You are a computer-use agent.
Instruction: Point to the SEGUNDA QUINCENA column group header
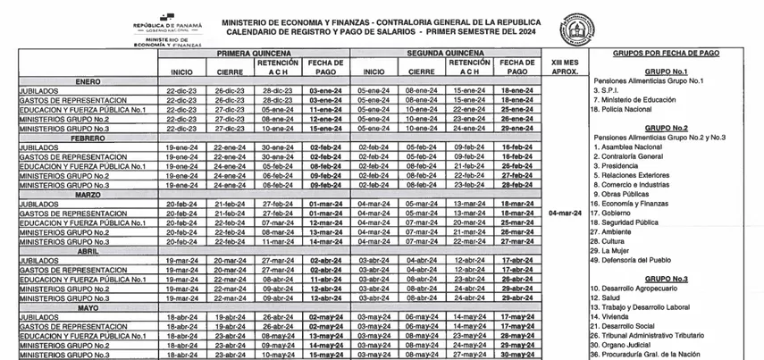point(447,54)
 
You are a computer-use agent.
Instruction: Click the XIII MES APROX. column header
point(565,67)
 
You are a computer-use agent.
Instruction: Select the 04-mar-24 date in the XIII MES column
point(565,213)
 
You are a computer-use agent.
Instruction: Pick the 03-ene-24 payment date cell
point(324,91)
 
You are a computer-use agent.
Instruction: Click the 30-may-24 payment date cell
point(516,355)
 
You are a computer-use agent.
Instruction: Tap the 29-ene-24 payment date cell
point(516,129)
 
